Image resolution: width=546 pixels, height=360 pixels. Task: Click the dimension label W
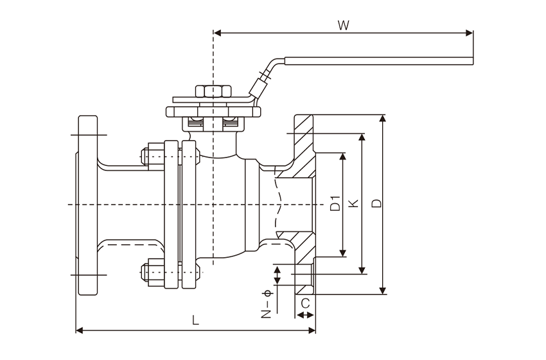click(x=343, y=26)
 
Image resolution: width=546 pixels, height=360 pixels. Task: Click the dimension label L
click(x=196, y=321)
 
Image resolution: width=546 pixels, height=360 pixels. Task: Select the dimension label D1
click(x=334, y=203)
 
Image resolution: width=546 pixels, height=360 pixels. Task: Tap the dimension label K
click(x=353, y=203)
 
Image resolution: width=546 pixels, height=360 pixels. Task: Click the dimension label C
click(x=305, y=302)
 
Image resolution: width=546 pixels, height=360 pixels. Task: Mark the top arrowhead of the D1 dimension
click(x=344, y=157)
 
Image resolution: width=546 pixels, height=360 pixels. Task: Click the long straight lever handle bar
click(x=379, y=61)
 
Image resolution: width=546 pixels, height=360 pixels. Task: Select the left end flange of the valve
click(x=87, y=204)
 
